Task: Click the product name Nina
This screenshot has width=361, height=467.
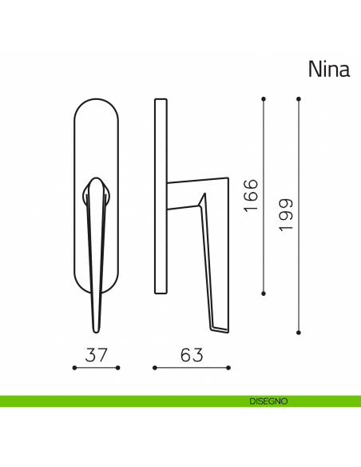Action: (328, 70)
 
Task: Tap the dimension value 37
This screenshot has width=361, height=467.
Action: (96, 353)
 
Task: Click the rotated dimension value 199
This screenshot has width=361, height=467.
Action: (285, 215)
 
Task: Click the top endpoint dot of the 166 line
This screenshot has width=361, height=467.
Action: (264, 99)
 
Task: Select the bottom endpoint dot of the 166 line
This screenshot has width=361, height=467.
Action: (264, 292)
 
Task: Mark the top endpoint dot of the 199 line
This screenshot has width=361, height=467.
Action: (298, 99)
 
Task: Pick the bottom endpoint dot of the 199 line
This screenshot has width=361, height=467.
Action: (298, 330)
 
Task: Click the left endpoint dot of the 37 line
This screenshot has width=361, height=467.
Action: (74, 368)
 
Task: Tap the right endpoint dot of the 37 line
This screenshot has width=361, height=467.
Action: (118, 368)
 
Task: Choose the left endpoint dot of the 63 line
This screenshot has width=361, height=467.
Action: (153, 368)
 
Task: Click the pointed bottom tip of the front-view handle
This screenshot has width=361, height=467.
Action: (96, 330)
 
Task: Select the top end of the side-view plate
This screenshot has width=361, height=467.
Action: (160, 101)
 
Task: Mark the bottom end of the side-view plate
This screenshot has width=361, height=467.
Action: (160, 293)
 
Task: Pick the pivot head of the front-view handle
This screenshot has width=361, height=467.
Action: (96, 186)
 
